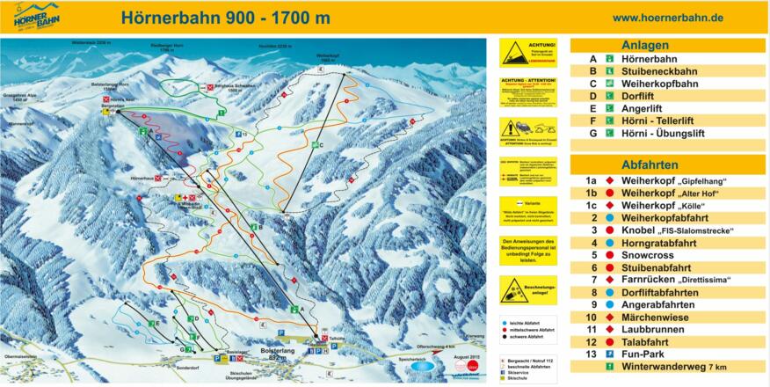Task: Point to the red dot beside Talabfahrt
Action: pyautogui.click(x=608, y=341)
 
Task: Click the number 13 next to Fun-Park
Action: pyautogui.click(x=592, y=354)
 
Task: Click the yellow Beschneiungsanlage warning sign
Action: pyautogui.click(x=528, y=291)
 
